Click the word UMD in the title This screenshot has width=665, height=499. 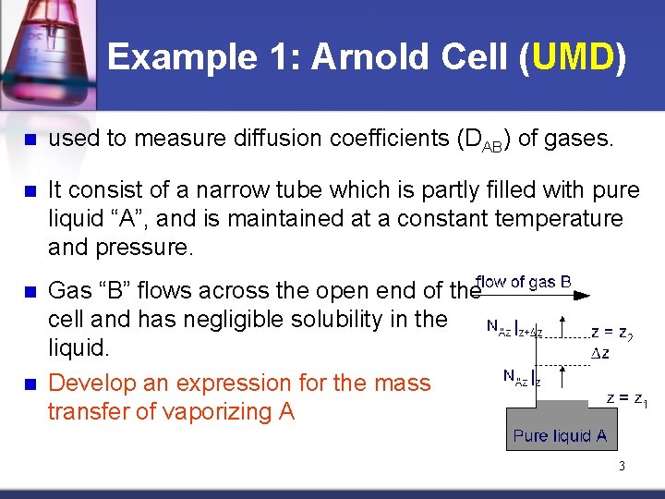coord(571,57)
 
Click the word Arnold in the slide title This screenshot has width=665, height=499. coord(368,57)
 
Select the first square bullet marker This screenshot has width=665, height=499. coord(30,140)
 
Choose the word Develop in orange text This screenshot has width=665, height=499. coord(87,383)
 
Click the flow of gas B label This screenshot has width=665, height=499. coord(524,282)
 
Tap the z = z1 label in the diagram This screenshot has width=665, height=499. coord(626,398)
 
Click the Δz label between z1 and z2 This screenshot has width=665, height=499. coord(601,353)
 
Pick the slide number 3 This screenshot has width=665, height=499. coord(622,466)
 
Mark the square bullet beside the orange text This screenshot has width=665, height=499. coord(30,383)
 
